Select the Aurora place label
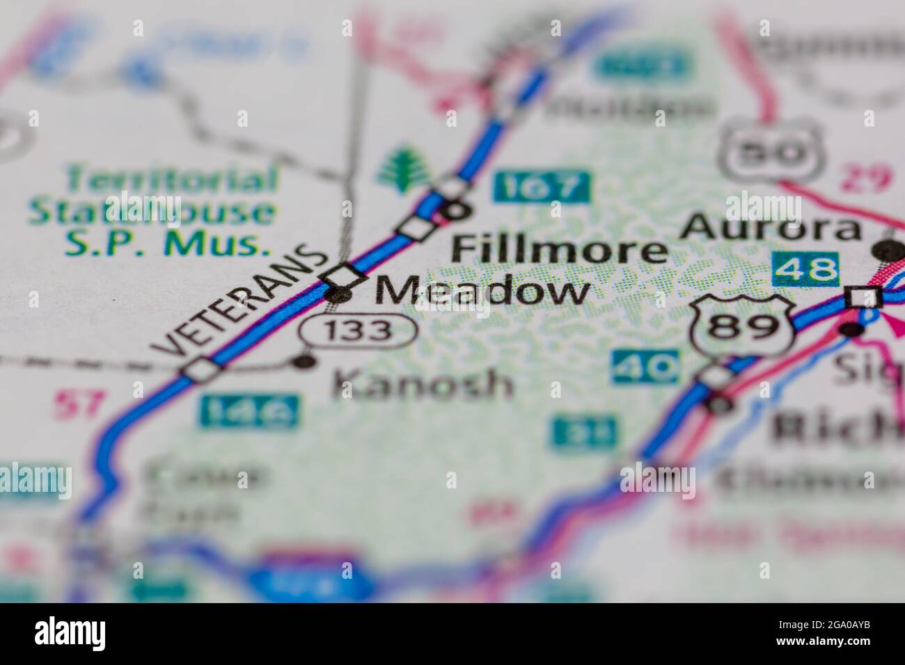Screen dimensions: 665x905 coord(771,227)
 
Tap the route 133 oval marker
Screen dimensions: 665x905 coord(359,330)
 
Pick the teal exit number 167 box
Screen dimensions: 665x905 coord(542,186)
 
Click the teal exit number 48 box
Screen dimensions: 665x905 coord(805,269)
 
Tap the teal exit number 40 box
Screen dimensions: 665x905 coord(645,367)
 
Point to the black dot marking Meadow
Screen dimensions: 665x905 coord(339,295)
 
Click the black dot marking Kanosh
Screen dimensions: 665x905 coord(304,361)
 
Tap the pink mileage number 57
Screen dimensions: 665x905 coord(81,403)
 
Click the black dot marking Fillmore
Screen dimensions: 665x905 coord(458,208)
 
